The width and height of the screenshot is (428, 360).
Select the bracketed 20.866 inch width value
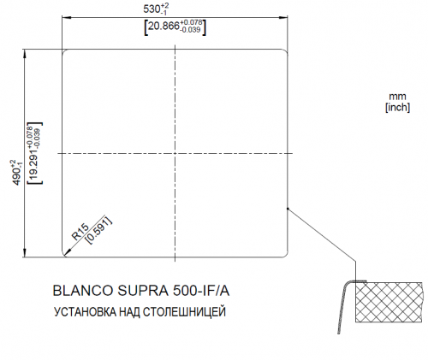point(175,27)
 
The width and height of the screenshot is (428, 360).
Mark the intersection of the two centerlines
point(175,153)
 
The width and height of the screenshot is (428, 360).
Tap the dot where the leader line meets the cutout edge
point(288,206)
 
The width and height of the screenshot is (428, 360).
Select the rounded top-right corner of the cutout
point(284,54)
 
